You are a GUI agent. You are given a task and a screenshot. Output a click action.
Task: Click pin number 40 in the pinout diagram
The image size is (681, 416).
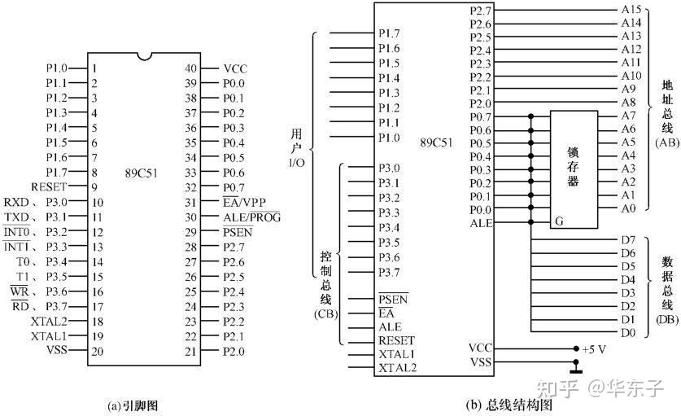[x=191, y=69]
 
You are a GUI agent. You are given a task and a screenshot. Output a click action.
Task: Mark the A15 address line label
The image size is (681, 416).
[x=631, y=10]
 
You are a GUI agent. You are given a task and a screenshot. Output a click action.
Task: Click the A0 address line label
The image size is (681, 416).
[x=627, y=208]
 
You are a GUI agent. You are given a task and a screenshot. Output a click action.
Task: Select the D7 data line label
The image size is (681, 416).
[x=627, y=240]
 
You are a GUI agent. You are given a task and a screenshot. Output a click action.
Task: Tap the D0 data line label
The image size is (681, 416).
[x=627, y=332]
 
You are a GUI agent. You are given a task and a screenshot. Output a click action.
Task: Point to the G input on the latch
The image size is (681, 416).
[x=559, y=221]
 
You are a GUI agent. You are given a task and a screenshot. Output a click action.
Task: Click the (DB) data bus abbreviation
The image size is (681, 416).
[x=666, y=319]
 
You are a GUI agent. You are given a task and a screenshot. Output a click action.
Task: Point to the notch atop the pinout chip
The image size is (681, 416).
[x=144, y=56]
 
